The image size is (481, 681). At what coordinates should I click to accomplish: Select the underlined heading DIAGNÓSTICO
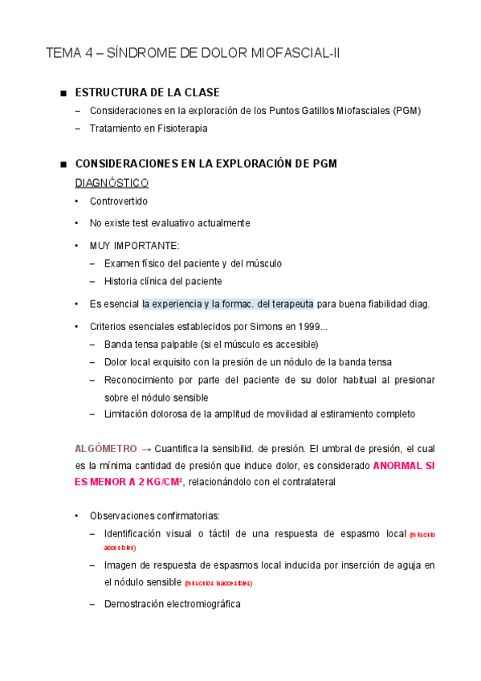(112, 182)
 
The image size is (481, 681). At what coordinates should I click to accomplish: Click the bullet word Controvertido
(119, 202)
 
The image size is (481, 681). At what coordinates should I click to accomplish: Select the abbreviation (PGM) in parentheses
(407, 111)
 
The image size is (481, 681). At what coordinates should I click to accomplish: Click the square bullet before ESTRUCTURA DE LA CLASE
(63, 93)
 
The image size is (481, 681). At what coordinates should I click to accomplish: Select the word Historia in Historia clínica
(121, 281)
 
